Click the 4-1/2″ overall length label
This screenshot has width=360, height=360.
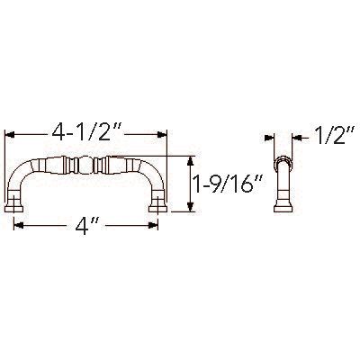(x=86, y=135)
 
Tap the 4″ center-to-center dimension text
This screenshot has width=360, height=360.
(x=87, y=225)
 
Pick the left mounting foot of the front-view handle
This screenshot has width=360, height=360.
(x=17, y=209)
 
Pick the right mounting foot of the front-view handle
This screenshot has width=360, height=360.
(x=157, y=209)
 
